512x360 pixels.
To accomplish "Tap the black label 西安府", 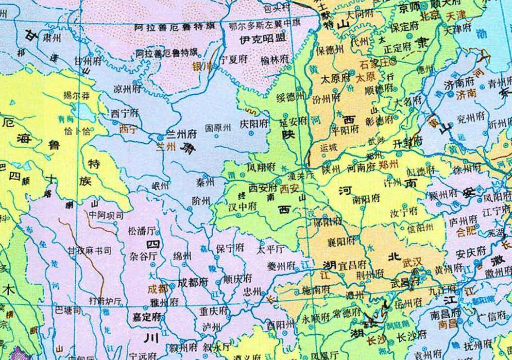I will tap(263, 187).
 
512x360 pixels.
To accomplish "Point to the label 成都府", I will tap(193, 282).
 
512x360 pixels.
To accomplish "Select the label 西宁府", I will tap(125, 113).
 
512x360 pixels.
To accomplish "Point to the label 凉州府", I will tap(127, 89).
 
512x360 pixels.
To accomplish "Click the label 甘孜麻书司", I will tap(90, 251).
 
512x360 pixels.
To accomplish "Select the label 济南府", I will tap(458, 84).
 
